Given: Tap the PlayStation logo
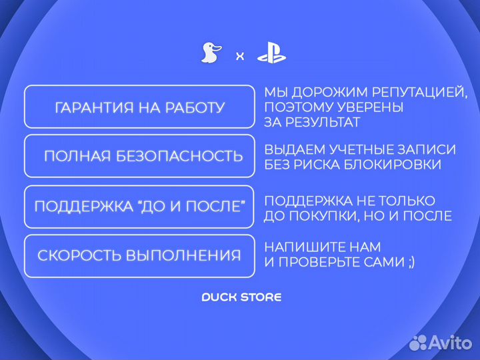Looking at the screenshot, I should coord(271,53).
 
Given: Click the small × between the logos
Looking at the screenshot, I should coord(240,57).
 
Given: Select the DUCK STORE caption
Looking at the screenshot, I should coord(241,297).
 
